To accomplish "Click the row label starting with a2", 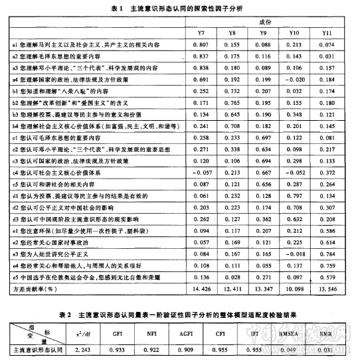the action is [x=54, y=56].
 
